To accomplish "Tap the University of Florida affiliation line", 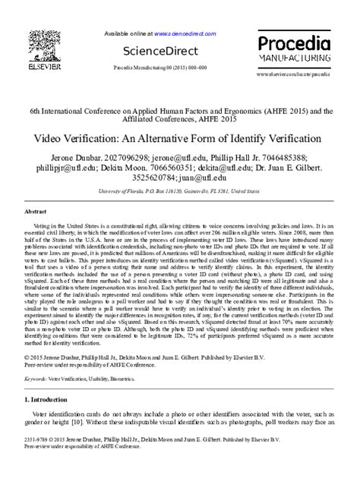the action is click(180, 192).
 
